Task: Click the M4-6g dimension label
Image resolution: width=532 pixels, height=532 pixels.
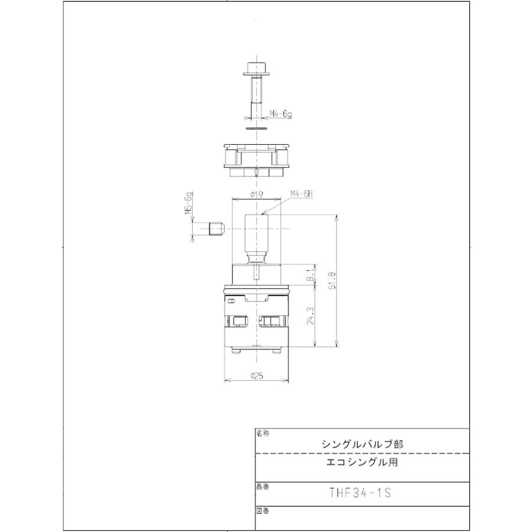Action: click(281, 114)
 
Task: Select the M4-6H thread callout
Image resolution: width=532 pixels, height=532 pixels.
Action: click(301, 194)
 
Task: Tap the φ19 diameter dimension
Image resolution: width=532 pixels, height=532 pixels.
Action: click(256, 194)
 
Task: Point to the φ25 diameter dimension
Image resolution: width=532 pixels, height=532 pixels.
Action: click(256, 375)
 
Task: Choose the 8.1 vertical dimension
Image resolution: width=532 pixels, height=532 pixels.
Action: click(312, 275)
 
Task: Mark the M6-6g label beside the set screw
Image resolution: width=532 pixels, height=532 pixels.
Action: click(190, 205)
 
